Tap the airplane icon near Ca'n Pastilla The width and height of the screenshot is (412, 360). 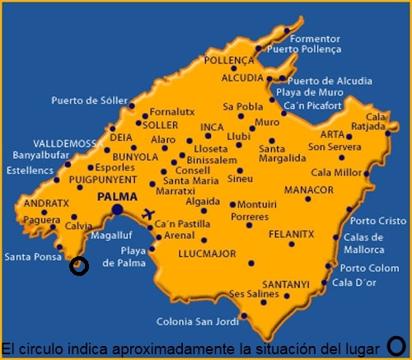149,213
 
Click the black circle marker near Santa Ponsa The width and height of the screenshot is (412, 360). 79,266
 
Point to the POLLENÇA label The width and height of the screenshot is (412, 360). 230,61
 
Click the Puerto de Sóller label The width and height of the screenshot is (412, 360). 90,101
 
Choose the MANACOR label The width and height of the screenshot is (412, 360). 307,189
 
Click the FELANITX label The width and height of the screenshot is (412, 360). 292,234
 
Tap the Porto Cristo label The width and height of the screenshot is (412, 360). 378,221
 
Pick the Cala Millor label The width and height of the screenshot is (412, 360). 336,173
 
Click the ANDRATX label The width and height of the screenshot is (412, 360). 40,203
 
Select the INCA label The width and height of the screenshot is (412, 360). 213,127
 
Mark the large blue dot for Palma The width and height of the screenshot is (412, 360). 118,210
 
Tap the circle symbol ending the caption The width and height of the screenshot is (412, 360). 396,346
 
